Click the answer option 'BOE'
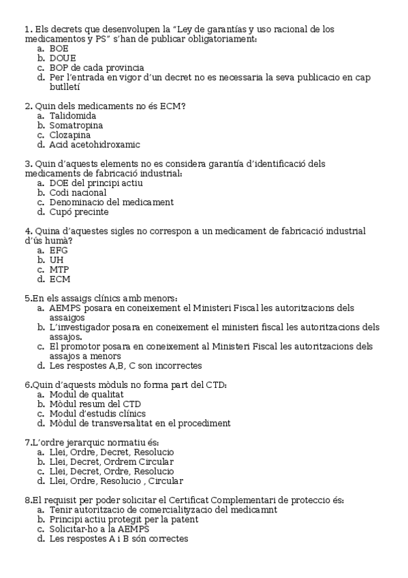coord(59,48)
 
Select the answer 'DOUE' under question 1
coord(63,58)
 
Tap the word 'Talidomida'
coord(73,116)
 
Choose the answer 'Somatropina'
coord(76,125)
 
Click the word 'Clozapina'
coord(69,135)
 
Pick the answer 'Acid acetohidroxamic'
coord(94,144)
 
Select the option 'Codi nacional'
coord(78,192)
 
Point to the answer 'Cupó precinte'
coord(78,212)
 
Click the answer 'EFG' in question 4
coord(59,250)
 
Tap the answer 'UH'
coord(57,260)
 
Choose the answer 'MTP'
coord(59,269)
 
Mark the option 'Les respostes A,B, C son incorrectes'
coord(125,365)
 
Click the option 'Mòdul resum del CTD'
coord(95,404)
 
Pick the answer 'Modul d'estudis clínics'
coord(97,413)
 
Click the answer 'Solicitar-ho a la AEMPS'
coord(99,529)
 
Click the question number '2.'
coord(28,106)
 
